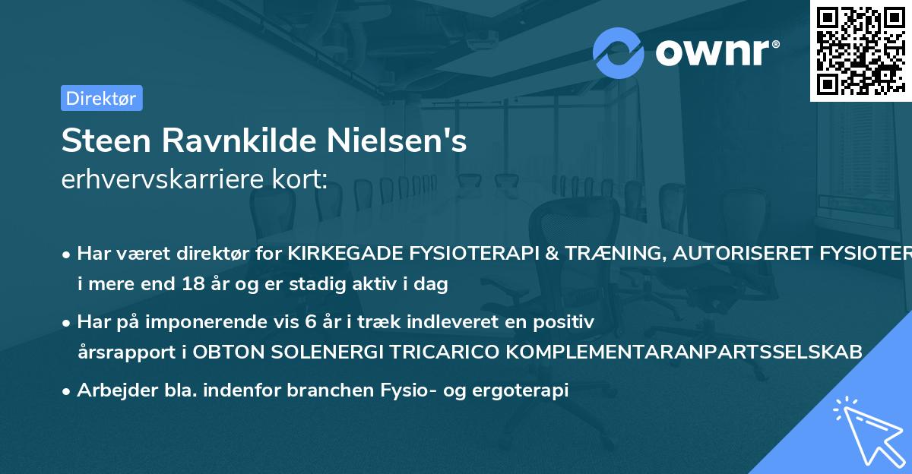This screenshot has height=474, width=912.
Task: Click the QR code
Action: pyautogui.click(x=860, y=51)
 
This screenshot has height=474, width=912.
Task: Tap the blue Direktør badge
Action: pyautogui.click(x=101, y=98)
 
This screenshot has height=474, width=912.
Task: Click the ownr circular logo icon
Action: pyautogui.click(x=619, y=52)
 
